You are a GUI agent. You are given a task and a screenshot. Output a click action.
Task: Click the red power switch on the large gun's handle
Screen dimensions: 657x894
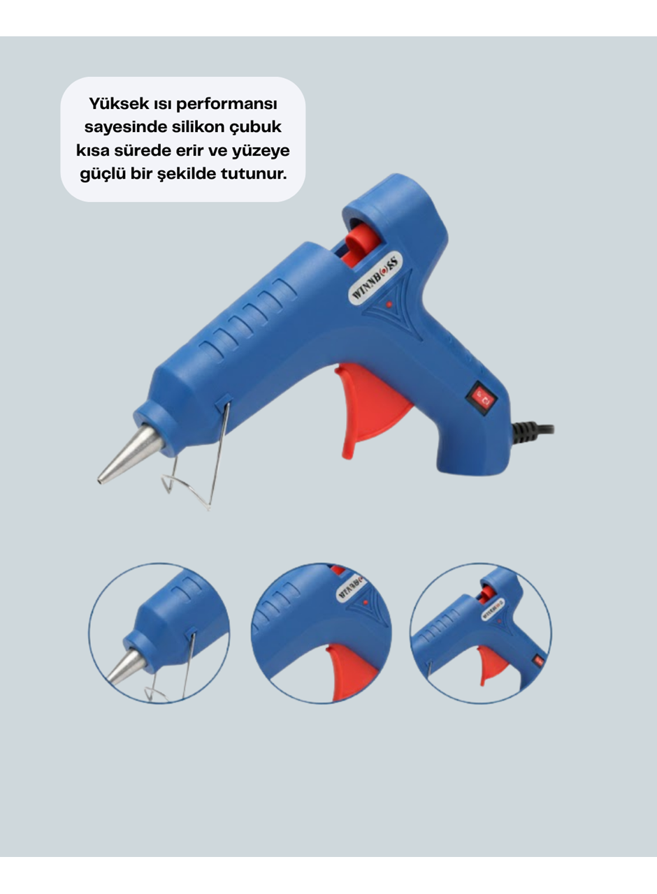pos(482,398)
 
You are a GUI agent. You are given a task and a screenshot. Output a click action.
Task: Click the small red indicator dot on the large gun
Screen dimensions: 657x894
pos(389,305)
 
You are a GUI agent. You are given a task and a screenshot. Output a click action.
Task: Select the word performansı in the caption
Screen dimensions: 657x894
pos(226,105)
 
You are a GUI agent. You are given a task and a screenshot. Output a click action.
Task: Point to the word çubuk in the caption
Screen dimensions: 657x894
pos(255,128)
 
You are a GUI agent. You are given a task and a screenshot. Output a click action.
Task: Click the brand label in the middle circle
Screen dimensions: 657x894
pos(352,588)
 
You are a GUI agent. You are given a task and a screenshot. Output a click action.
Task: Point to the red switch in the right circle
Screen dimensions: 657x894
pos(539,661)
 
